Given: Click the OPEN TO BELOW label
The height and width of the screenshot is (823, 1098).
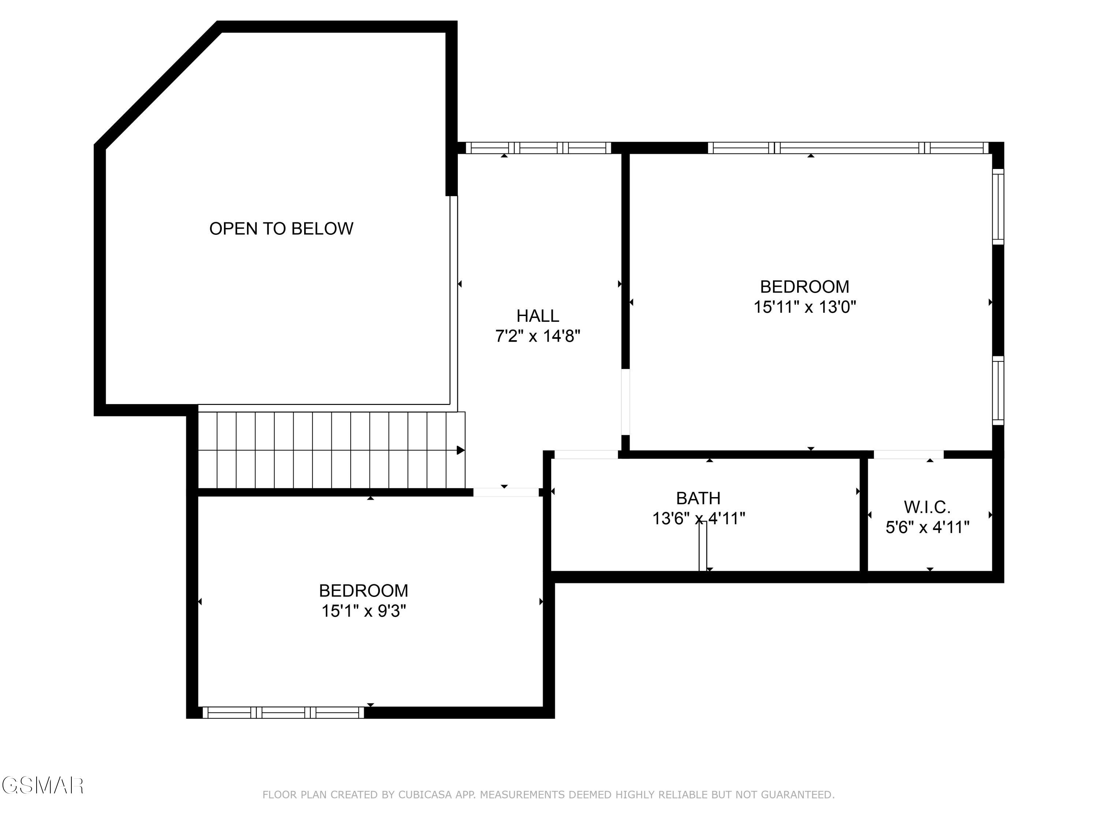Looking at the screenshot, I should pyautogui.click(x=281, y=229).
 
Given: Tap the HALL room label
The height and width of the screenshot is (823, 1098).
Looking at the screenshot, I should pyautogui.click(x=538, y=316).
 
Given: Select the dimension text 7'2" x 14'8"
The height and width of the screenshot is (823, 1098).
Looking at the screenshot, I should pyautogui.click(x=538, y=337).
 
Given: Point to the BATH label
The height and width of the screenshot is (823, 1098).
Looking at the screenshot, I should pyautogui.click(x=698, y=498).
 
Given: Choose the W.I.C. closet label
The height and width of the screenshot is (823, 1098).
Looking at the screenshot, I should pyautogui.click(x=927, y=507).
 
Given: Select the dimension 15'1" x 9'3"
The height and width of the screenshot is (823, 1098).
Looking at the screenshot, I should pyautogui.click(x=363, y=611).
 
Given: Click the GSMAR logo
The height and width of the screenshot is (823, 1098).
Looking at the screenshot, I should pyautogui.click(x=42, y=785).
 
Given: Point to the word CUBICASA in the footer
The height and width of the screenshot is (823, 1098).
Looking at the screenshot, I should pyautogui.click(x=425, y=795).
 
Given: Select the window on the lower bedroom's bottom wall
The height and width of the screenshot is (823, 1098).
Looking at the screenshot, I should pyautogui.click(x=283, y=713).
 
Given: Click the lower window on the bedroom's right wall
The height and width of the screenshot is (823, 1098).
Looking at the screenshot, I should pyautogui.click(x=998, y=390).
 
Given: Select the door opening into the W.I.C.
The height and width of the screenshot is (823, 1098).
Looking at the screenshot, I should pyautogui.click(x=908, y=454).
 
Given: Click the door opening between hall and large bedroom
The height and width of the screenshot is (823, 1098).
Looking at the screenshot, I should pyautogui.click(x=625, y=402).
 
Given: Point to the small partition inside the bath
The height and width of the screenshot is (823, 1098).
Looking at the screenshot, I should pyautogui.click(x=702, y=546).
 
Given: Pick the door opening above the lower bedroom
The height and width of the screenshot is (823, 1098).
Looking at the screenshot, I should pyautogui.click(x=505, y=492).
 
